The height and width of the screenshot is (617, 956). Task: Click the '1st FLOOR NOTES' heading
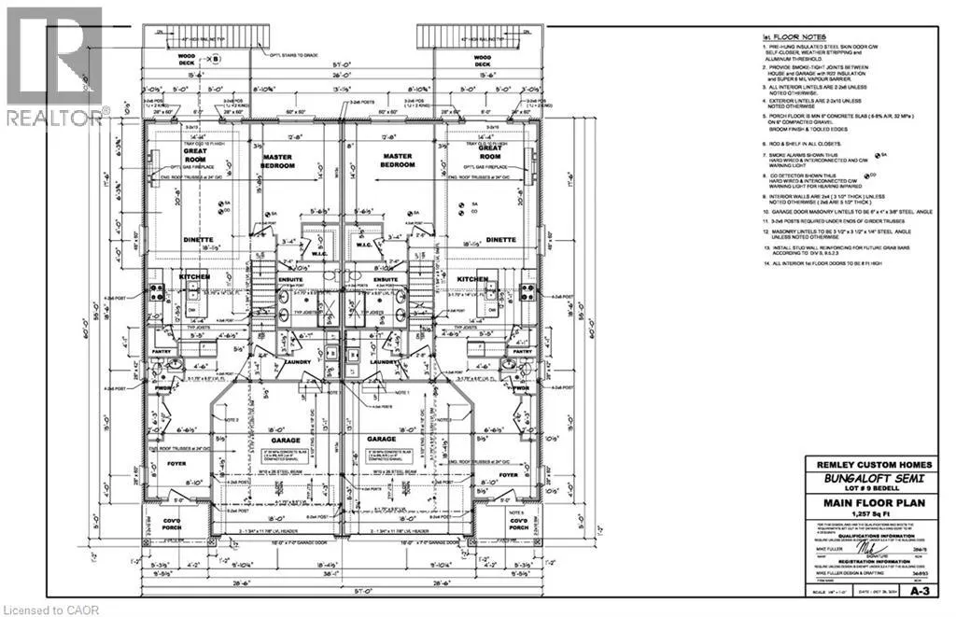coord(781,38)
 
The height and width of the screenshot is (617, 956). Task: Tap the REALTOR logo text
coord(54,118)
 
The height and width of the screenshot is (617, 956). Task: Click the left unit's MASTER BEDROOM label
coord(277,161)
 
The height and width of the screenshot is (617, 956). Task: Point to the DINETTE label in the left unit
coord(187,239)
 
